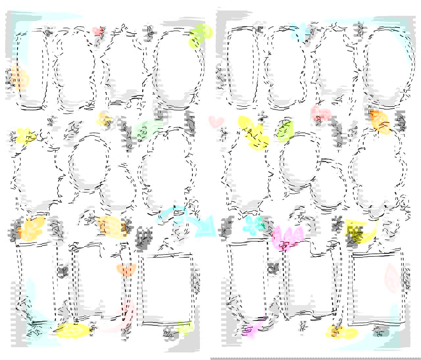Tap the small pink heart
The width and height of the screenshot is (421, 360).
coord(216,122)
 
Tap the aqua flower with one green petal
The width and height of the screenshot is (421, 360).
coord(254,224)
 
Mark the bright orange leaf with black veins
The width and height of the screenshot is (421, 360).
coord(379,122)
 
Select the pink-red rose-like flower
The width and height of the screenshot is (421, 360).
coord(320,113)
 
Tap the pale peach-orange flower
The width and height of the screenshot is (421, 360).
coord(19,78)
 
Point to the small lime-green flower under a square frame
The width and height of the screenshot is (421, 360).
coord(184,327)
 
